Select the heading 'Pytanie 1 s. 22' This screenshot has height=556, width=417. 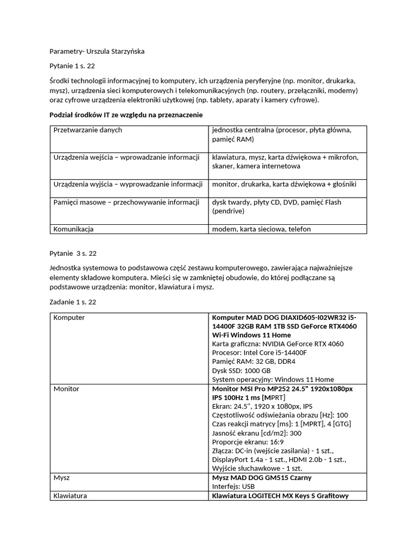click(x=72, y=66)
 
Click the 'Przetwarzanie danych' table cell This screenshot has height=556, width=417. click(x=87, y=130)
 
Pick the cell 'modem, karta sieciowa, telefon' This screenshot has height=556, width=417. click(x=261, y=229)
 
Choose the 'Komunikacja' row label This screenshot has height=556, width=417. click(x=73, y=229)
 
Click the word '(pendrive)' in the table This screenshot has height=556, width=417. click(x=229, y=211)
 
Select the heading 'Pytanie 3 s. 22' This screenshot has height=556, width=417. click(x=73, y=253)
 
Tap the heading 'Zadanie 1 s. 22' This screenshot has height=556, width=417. click(x=72, y=302)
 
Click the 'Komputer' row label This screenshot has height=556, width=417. click(x=69, y=318)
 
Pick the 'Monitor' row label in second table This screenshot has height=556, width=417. click(x=66, y=389)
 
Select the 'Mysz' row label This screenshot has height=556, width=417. click(x=62, y=478)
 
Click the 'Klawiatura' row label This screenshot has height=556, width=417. click(x=70, y=496)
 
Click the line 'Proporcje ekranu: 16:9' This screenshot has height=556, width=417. click(x=248, y=441)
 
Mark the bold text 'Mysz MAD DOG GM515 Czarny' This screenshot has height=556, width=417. click(x=262, y=478)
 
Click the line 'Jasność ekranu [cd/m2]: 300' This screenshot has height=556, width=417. click(x=256, y=433)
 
